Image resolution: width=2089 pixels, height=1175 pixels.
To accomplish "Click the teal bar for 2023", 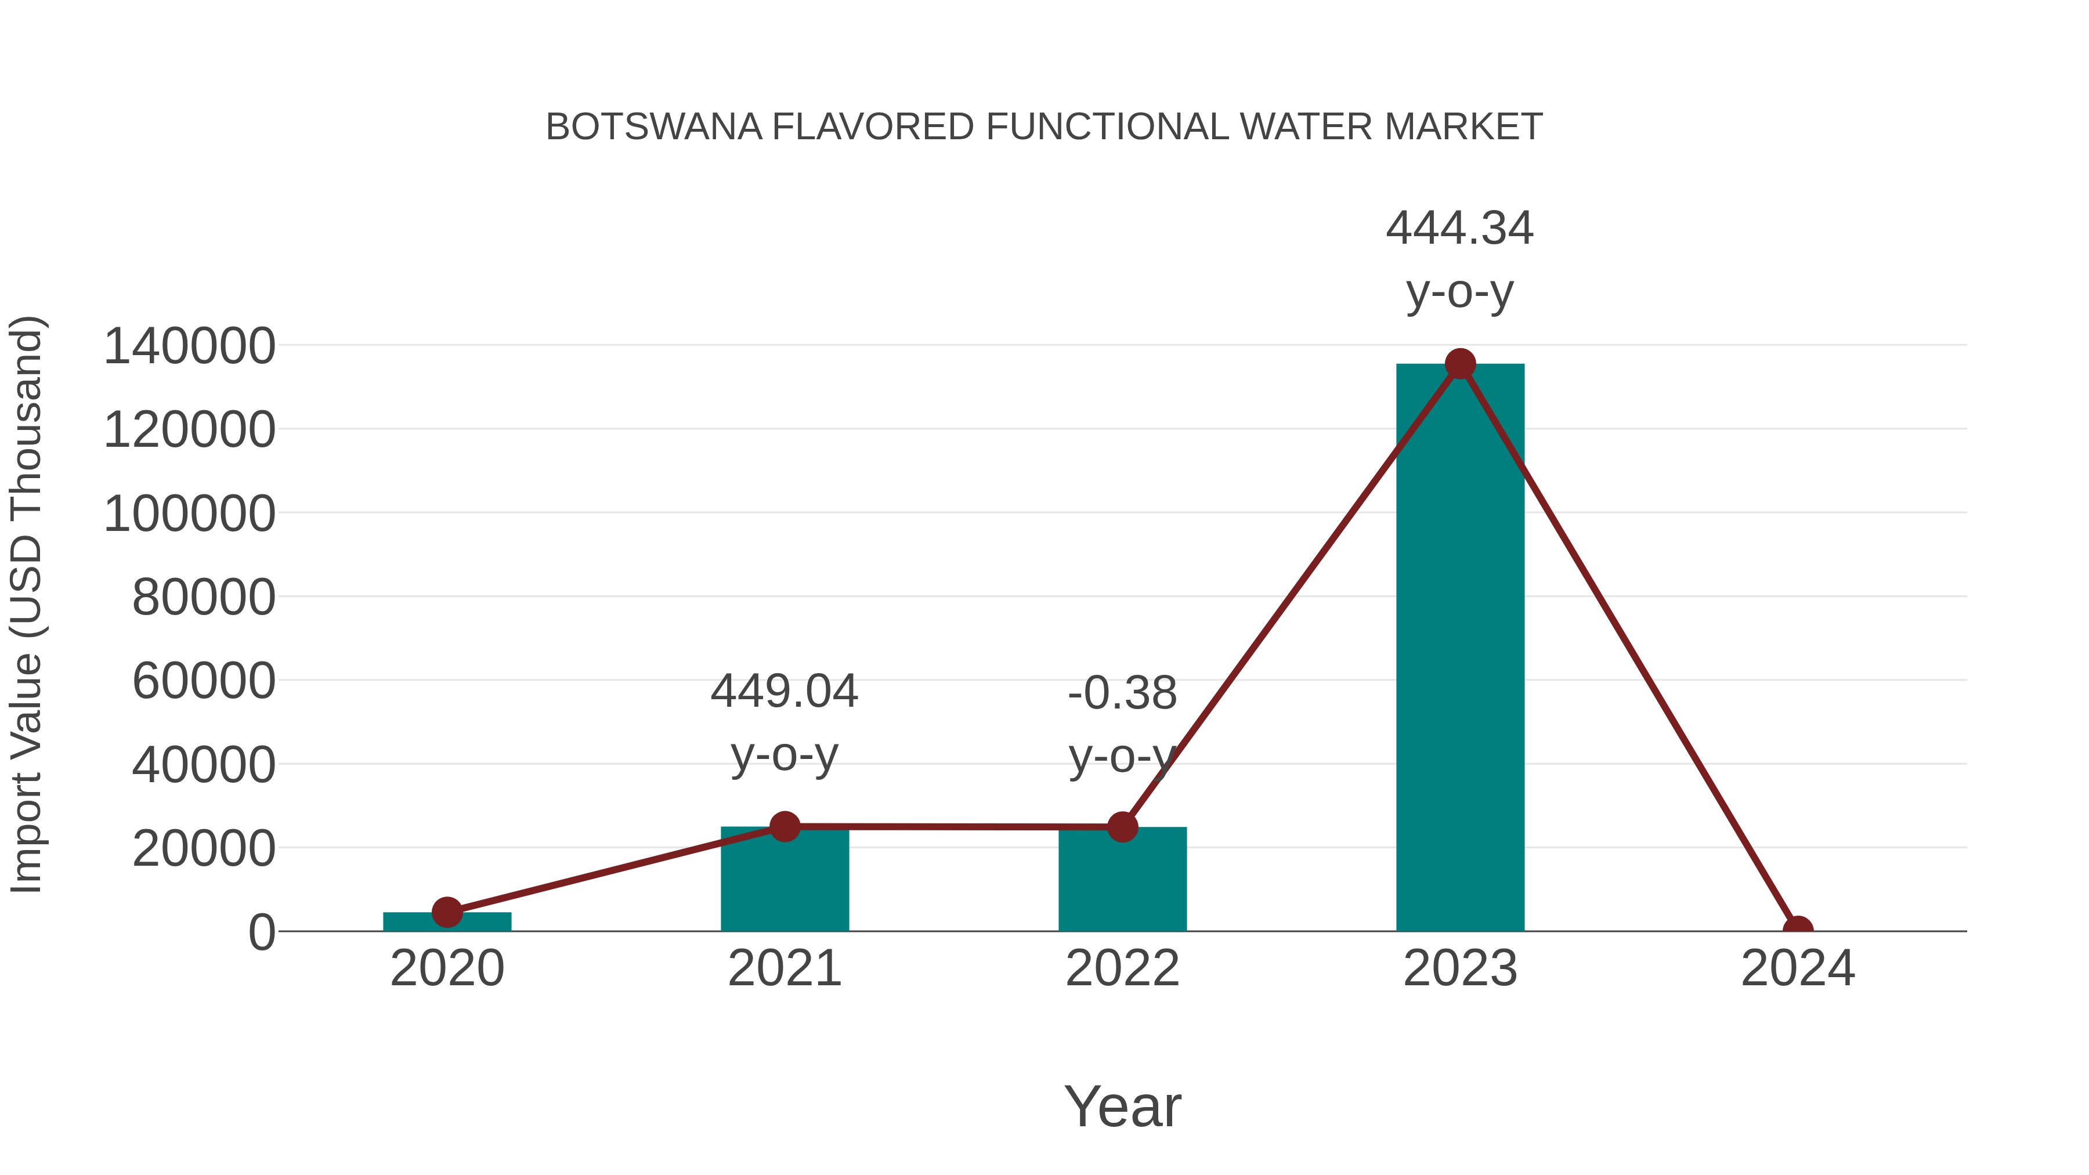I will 1460,649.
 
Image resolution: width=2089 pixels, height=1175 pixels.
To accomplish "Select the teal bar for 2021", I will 784,884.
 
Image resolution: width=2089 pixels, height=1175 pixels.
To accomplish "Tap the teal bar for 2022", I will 1122,884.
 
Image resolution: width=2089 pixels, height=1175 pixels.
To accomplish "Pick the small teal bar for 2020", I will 447,922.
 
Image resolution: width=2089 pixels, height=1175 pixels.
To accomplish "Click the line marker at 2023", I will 1460,364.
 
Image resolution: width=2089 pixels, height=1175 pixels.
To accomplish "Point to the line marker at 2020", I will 447,912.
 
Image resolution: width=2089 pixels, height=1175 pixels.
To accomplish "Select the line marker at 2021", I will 784,826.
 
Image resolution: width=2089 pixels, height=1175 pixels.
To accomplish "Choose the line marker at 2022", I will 1122,827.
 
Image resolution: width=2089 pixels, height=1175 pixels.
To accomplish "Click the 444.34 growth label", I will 1460,229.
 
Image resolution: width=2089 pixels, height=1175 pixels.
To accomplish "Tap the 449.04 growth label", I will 784,692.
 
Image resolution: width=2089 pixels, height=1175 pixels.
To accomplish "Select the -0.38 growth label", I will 1122,693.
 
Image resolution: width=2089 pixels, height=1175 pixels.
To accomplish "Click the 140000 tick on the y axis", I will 189,346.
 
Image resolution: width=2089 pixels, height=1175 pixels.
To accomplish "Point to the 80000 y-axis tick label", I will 204,598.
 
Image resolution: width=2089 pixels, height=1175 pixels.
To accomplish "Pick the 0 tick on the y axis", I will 261,932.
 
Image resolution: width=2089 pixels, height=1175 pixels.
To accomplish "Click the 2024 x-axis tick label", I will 1798,968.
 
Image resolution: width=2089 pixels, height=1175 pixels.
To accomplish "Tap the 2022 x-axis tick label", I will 1122,968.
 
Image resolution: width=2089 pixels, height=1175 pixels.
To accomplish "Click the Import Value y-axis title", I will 26,604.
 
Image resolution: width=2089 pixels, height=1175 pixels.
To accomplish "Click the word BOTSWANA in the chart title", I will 653,127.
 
